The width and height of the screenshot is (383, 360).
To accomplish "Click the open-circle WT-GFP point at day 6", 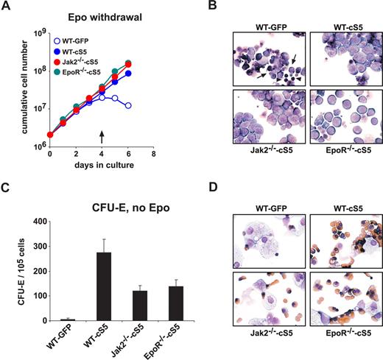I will pos(128,105).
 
